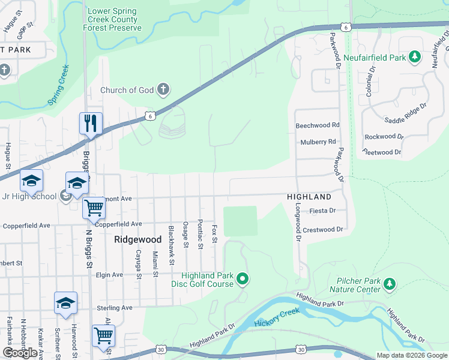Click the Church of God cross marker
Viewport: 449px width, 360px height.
point(163,90)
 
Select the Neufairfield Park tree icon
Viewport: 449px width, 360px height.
point(414,58)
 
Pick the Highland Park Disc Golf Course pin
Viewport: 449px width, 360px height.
point(243,278)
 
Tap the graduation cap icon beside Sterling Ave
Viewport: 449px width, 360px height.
point(65,303)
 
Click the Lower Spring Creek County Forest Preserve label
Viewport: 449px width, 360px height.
point(113,20)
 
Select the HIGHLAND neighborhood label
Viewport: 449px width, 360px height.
point(309,197)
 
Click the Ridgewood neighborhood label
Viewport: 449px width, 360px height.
point(138,239)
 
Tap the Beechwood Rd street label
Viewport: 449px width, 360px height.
point(318,125)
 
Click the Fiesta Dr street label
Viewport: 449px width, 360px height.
point(322,211)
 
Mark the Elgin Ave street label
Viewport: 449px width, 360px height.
point(110,275)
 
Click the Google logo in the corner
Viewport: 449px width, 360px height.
point(20,353)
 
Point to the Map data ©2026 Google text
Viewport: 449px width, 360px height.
point(411,355)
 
